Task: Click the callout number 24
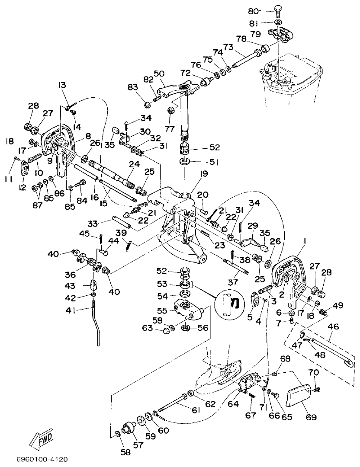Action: coord(135,164)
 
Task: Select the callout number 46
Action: coord(333,327)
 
